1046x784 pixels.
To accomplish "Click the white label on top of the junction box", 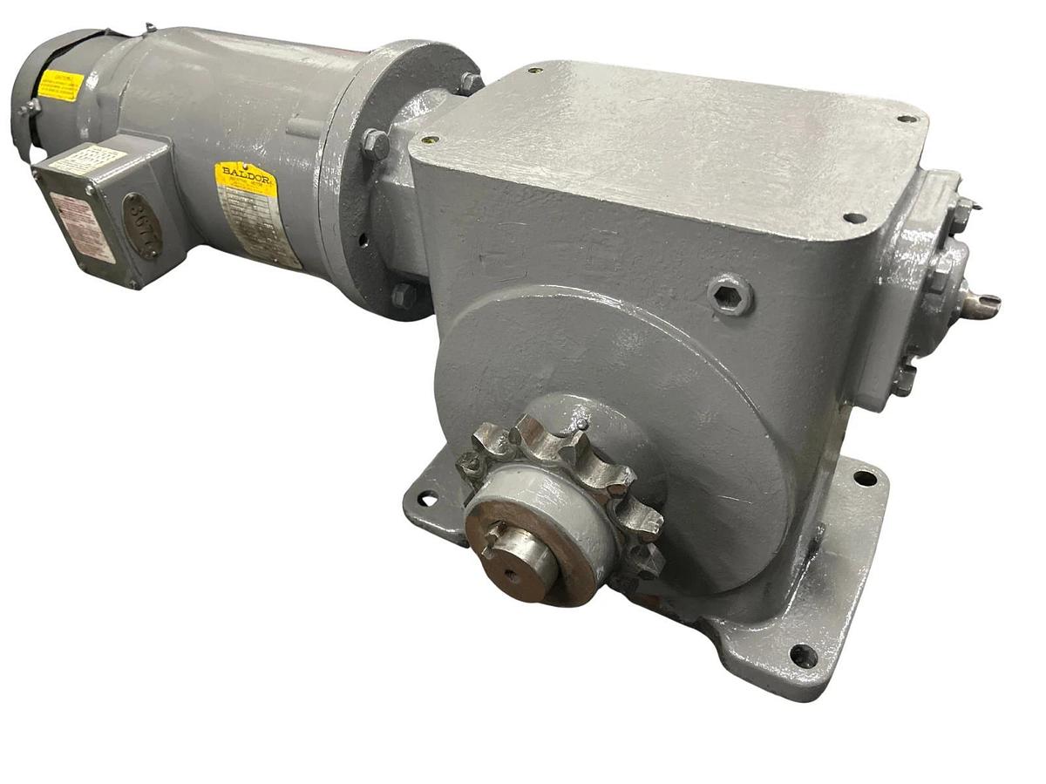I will [x=87, y=160].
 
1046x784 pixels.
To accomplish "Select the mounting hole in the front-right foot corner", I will [x=802, y=655].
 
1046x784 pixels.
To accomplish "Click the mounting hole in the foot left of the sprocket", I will [x=426, y=498].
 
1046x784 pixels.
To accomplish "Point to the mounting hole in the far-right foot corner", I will [x=865, y=477].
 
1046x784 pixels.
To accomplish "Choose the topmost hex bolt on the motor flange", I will [x=470, y=82].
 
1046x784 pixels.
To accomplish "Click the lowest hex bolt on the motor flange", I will [x=404, y=295].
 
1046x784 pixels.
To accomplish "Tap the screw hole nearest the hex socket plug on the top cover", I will [x=854, y=216].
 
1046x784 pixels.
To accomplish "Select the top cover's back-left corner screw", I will [x=533, y=71].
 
